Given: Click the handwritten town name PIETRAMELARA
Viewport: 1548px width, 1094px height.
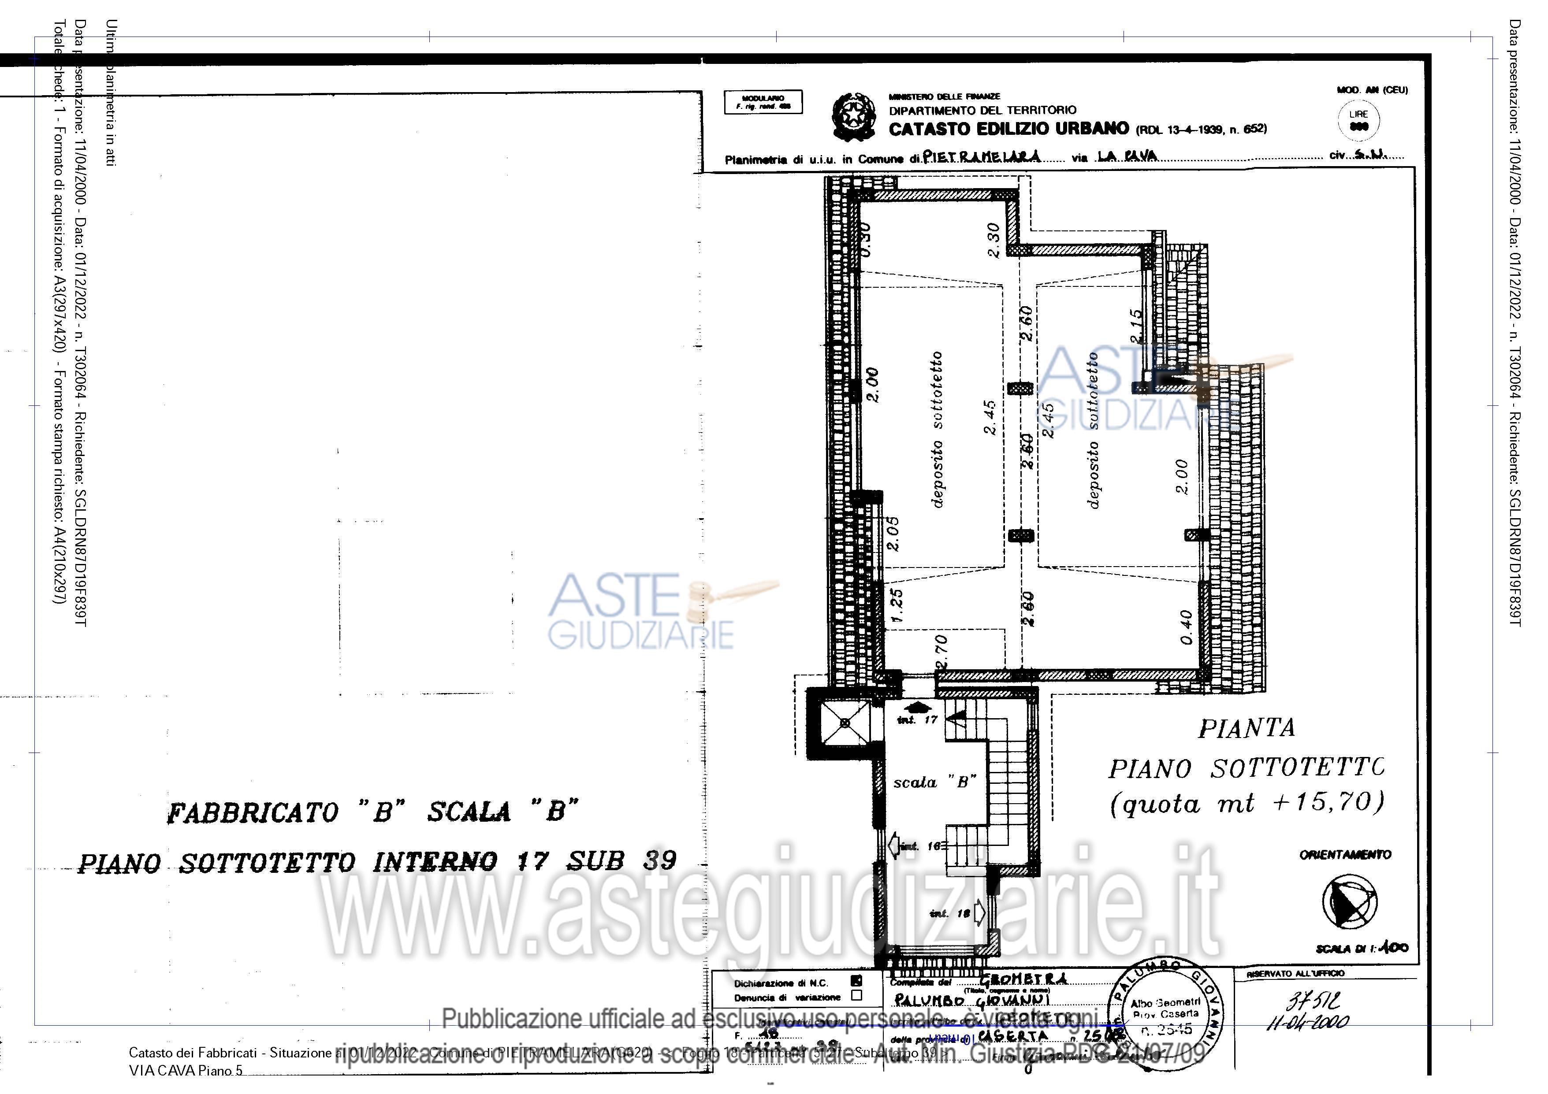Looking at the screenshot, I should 982,157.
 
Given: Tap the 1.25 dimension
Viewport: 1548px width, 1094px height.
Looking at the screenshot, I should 897,604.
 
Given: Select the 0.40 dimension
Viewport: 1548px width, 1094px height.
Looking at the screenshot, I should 1187,627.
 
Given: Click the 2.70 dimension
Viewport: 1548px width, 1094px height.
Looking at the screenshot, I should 942,650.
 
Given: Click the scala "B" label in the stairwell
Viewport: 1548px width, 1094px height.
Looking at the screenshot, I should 934,782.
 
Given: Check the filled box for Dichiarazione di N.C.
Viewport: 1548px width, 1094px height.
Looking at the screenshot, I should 856,982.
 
